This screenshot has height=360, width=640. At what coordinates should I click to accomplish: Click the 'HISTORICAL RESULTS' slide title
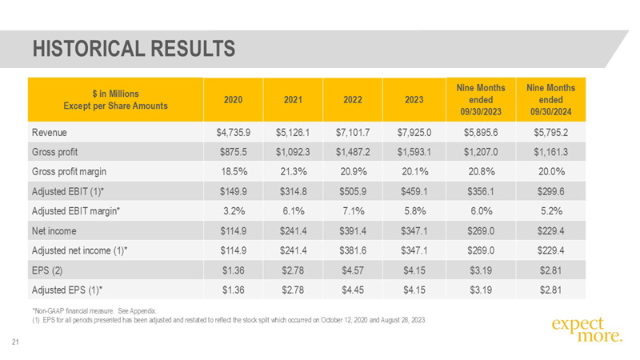[x=134, y=49]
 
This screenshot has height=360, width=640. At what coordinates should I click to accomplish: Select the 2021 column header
[x=293, y=99]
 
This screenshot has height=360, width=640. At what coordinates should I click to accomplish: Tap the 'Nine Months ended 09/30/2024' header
[x=550, y=99]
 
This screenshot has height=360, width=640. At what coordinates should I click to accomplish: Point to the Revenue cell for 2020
[x=233, y=133]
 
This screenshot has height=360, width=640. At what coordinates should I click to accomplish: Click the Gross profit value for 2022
[x=353, y=152]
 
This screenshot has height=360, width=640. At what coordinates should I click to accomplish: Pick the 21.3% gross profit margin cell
[x=294, y=172]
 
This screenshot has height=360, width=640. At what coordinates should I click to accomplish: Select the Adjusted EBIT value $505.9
[x=353, y=191]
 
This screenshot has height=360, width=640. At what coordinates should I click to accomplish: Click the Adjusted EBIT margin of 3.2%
[x=234, y=211]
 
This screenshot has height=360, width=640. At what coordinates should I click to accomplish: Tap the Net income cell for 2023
[x=414, y=231]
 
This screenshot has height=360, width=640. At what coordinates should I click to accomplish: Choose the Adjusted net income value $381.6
[x=353, y=250]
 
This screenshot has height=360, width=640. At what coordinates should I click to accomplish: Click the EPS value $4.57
[x=353, y=270]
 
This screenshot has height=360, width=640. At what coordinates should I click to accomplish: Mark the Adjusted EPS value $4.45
[x=353, y=290]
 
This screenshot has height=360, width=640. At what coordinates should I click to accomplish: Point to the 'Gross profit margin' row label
[x=69, y=172]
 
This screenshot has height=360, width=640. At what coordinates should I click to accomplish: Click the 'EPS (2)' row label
[x=47, y=270]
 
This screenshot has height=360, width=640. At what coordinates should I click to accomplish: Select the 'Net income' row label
[x=54, y=231]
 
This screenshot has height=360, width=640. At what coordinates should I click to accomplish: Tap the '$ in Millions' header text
[x=115, y=94]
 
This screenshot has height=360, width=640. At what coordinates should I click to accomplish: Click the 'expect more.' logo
[x=587, y=330]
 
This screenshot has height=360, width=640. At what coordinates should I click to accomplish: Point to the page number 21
[x=15, y=342]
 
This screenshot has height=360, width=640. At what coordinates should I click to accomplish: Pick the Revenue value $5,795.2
[x=550, y=133]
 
